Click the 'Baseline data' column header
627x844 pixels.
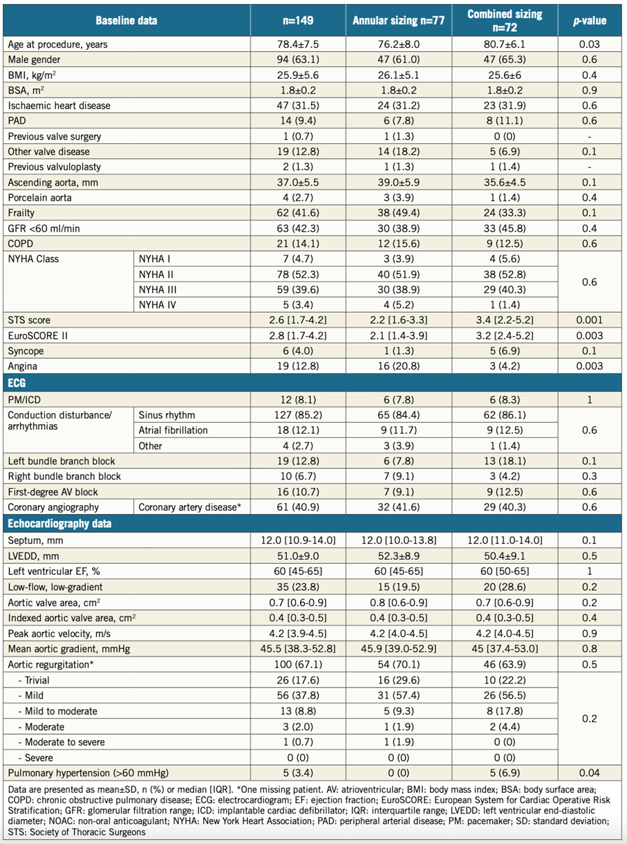[x=127, y=21]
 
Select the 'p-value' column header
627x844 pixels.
[x=590, y=21]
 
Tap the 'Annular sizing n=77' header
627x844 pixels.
[x=398, y=21]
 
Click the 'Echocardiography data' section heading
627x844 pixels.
[x=59, y=524]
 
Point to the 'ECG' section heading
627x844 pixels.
[x=17, y=383]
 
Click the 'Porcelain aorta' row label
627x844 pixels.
[x=39, y=197]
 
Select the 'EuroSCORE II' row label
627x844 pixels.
[x=37, y=336]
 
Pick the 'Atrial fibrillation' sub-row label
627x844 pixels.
[x=173, y=430]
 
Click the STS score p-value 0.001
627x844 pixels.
[x=590, y=320]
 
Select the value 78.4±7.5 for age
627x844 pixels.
[x=298, y=44]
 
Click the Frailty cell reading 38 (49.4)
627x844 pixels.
[x=398, y=212]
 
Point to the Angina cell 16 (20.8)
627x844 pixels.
[x=398, y=366]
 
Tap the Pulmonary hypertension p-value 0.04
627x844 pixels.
[x=590, y=773]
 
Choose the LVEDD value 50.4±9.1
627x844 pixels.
[x=505, y=556]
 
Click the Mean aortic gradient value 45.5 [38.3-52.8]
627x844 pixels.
[x=298, y=649]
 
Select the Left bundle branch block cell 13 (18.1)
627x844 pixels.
[x=505, y=461]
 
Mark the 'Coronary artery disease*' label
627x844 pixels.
[x=189, y=507]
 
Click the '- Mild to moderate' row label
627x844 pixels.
[x=58, y=711]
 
